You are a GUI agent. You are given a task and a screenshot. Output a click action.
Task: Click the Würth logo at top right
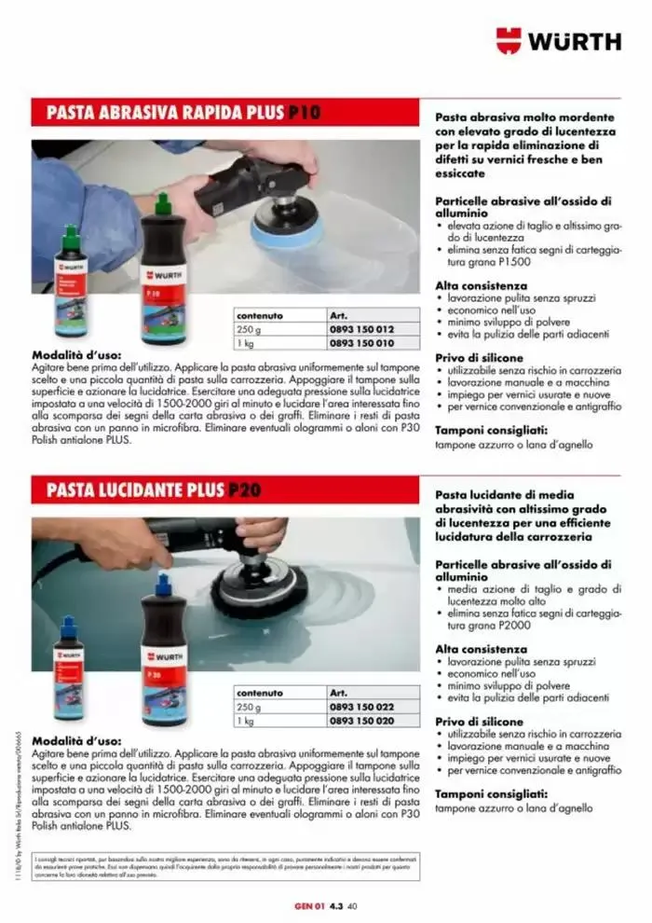(558, 40)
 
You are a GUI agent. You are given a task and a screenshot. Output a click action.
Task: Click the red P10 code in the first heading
(304, 113)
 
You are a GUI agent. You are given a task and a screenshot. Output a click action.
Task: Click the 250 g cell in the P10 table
(246, 330)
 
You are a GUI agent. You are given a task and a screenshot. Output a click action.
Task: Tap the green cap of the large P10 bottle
(164, 203)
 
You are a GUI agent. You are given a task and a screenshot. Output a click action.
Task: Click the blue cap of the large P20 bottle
(164, 585)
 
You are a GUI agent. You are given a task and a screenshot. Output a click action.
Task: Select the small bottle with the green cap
(70, 280)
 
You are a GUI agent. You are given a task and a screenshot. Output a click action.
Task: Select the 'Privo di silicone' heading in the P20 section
(479, 722)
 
